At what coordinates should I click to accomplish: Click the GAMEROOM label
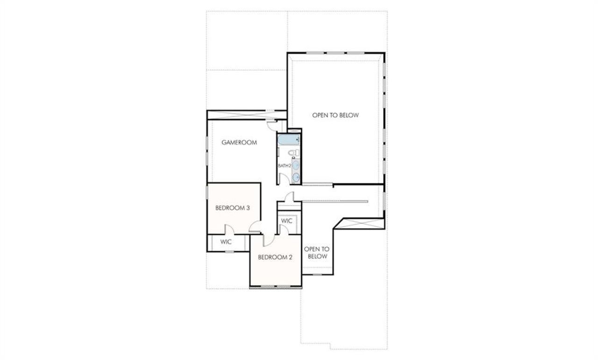(239, 143)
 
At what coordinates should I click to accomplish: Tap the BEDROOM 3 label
(232, 208)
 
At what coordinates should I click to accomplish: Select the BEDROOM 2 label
(275, 257)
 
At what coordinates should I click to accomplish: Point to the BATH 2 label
(285, 166)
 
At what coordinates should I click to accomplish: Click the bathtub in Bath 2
(289, 140)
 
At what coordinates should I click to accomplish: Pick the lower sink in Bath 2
(296, 177)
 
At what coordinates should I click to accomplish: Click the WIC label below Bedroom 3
(226, 242)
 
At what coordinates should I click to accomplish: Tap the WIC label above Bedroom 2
(287, 221)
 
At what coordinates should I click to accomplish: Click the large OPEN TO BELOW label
(335, 115)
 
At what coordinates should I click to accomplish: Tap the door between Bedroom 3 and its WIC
(229, 230)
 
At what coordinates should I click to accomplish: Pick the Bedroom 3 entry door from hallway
(255, 228)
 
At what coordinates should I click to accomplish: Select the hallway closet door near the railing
(290, 198)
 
